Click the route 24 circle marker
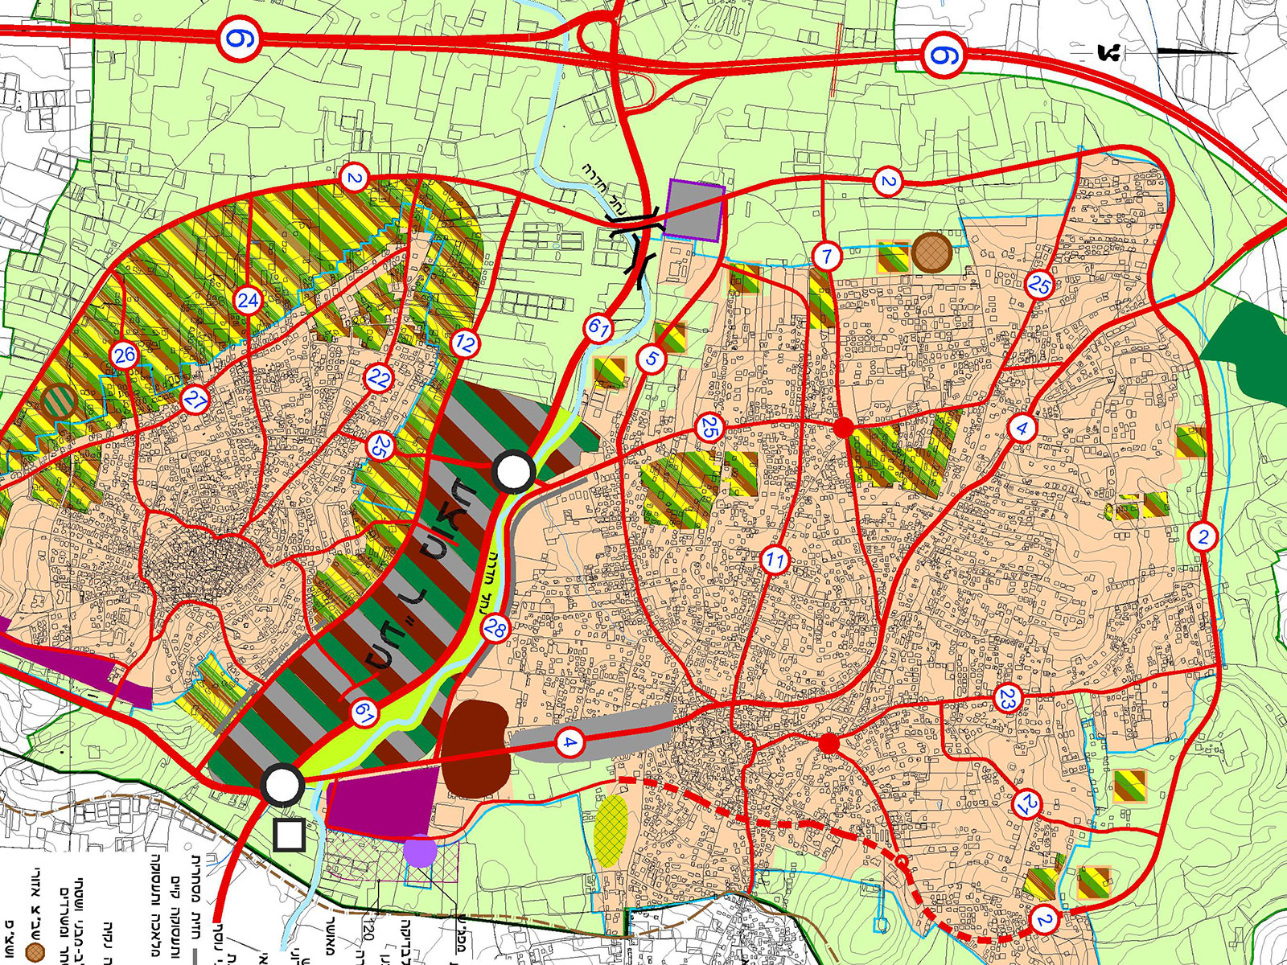(x=248, y=302)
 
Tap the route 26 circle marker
(x=125, y=355)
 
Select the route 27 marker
(x=195, y=400)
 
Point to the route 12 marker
(x=465, y=344)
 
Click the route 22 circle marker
(x=379, y=378)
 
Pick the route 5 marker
(x=652, y=359)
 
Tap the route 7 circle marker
(x=826, y=257)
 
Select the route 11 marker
(x=775, y=561)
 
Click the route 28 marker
(x=495, y=629)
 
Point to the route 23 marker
(x=1007, y=700)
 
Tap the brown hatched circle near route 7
(x=932, y=253)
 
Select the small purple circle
(x=420, y=851)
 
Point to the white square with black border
(x=288, y=836)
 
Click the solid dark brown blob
(x=476, y=749)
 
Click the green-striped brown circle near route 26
(x=59, y=400)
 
